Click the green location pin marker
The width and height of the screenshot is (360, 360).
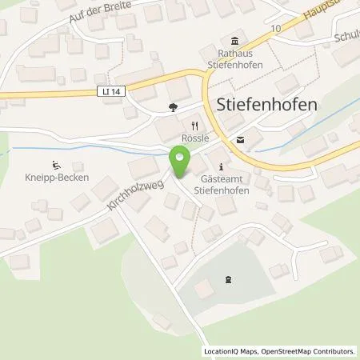(x=180, y=163)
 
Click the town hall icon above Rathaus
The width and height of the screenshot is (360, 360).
(x=234, y=42)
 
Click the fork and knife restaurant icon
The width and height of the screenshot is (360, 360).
(x=194, y=125)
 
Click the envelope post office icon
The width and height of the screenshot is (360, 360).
(x=240, y=138)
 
